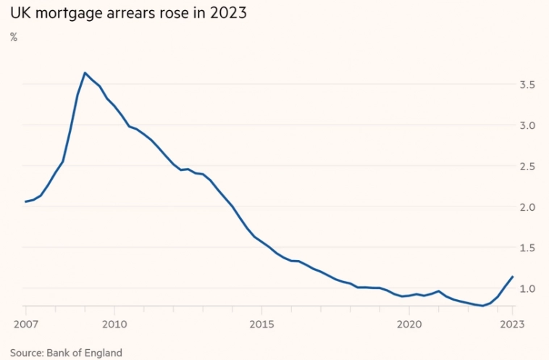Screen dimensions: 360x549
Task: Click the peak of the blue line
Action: coord(85,72)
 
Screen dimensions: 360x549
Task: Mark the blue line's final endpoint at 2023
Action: coord(513,277)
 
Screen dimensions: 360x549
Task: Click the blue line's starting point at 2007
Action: coord(25,201)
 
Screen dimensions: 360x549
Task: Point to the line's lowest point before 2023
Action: coord(482,306)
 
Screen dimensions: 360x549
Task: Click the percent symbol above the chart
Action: coord(14,37)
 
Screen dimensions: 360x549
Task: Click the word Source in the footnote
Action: coord(26,353)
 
